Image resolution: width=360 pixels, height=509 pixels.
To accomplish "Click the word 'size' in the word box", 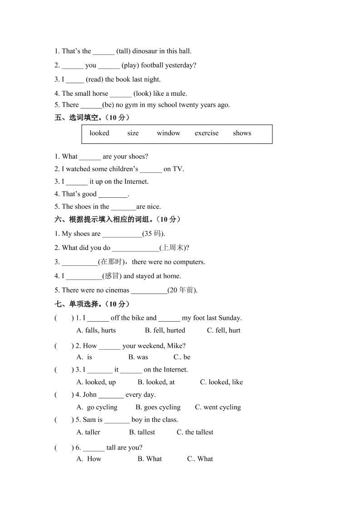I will pyautogui.click(x=133, y=133).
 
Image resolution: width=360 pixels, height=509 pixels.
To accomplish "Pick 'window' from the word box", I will pyautogui.click(x=168, y=133).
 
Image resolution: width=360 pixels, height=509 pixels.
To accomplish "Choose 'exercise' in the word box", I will pyautogui.click(x=207, y=133).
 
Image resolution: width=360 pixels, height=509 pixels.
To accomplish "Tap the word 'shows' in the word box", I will pyautogui.click(x=242, y=133).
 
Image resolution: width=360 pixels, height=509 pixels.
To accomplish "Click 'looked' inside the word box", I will pyautogui.click(x=99, y=133).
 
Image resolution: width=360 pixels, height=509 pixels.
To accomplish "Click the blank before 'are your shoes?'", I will pyautogui.click(x=90, y=157).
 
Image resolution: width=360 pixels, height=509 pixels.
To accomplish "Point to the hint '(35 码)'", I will pyautogui.click(x=153, y=234).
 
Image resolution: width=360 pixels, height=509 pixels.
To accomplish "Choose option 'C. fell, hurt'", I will pyautogui.click(x=224, y=331).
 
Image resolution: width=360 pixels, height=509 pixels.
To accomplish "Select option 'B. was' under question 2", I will pyautogui.click(x=138, y=357).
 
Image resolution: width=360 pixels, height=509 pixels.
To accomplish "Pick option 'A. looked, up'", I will pyautogui.click(x=96, y=382).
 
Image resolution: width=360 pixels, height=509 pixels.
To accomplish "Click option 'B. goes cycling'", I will pyautogui.click(x=158, y=407).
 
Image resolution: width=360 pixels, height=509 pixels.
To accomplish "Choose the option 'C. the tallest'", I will pyautogui.click(x=195, y=432).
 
